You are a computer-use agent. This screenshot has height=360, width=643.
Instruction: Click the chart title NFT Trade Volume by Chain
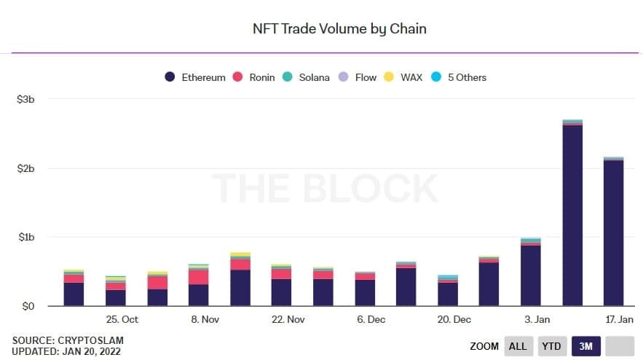coord(339,29)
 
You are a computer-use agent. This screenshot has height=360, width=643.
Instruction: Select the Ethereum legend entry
coord(196,77)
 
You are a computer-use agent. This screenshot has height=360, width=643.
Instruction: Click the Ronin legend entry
coord(254,77)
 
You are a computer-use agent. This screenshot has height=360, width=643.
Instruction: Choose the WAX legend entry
coord(404,77)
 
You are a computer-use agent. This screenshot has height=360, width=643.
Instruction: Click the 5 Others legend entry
coord(459,77)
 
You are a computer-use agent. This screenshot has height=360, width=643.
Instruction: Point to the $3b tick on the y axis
coord(25,99)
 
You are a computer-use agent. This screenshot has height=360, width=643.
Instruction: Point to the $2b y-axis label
coord(25,168)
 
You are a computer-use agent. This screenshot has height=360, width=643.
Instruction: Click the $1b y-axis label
coord(25,238)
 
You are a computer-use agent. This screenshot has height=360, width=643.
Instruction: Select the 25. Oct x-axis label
coord(122,320)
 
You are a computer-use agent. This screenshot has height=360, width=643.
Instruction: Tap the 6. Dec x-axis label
coord(371,320)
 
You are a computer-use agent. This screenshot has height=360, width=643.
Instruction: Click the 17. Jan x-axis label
coord(619,320)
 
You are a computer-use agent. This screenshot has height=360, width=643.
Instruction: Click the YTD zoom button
coord(551,346)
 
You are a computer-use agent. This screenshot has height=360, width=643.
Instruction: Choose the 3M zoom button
coord(586,346)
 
